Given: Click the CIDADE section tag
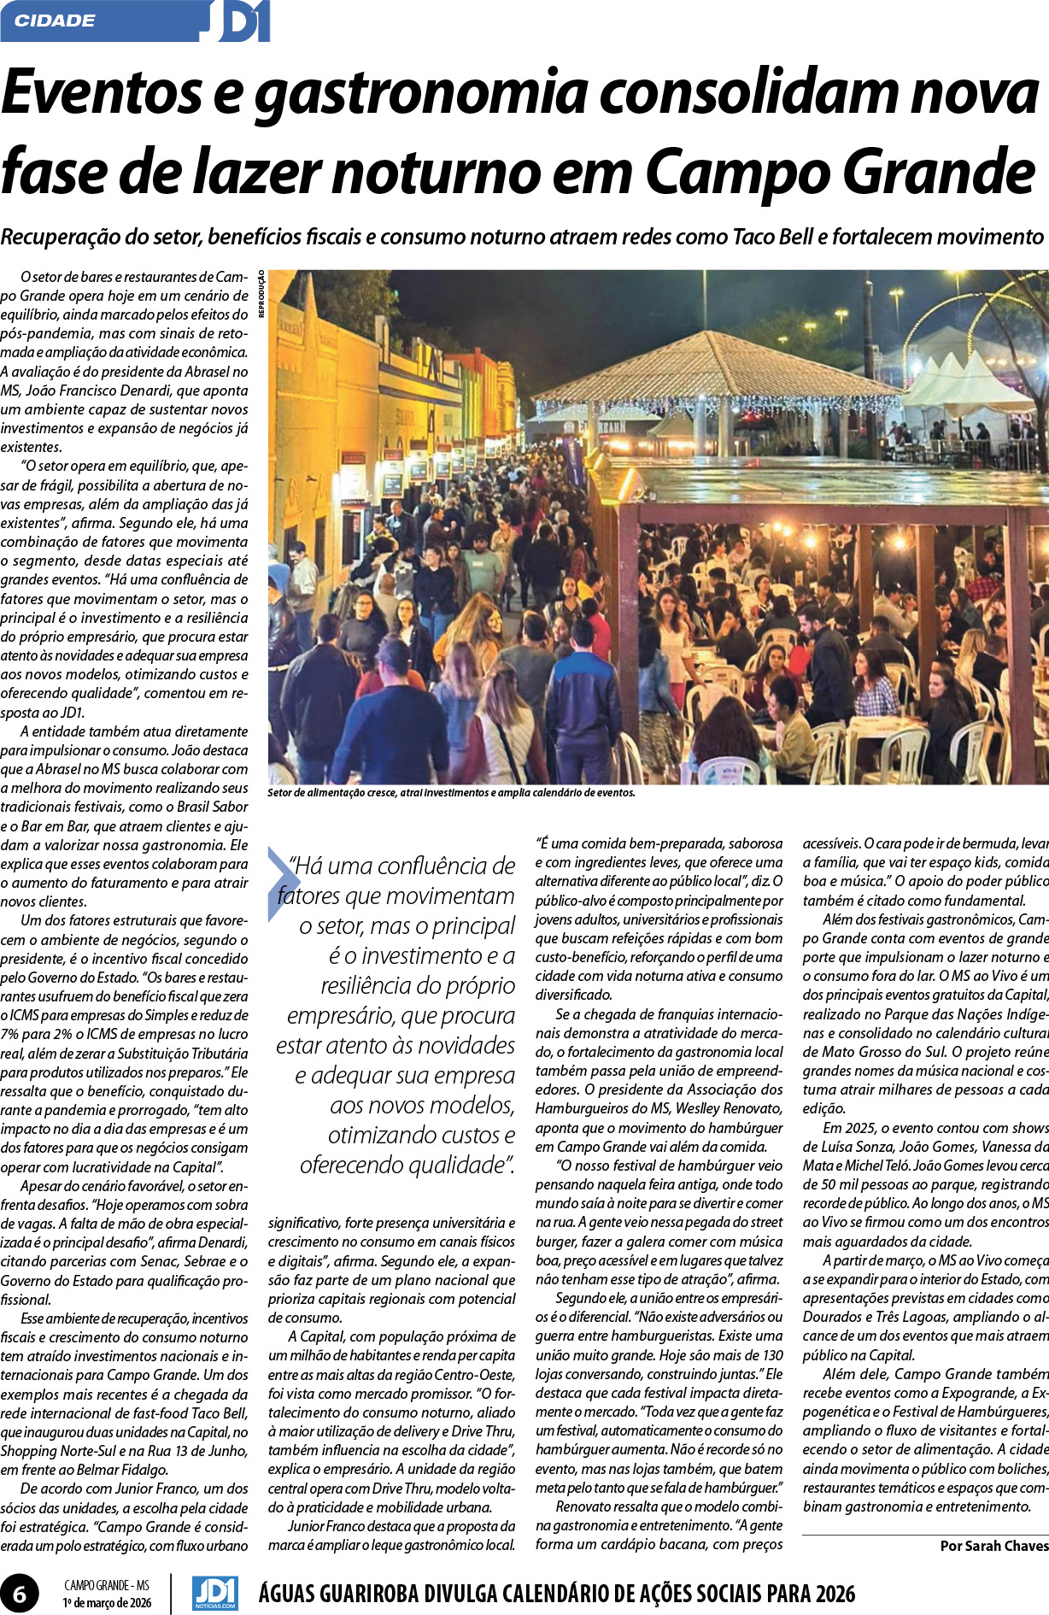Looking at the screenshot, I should [x=55, y=21].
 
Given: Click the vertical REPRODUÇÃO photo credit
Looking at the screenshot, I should [x=261, y=294].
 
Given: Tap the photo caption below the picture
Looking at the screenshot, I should [x=451, y=792].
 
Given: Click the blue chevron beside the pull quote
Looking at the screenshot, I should [x=282, y=884].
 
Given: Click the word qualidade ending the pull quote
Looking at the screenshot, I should [x=460, y=1165].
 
